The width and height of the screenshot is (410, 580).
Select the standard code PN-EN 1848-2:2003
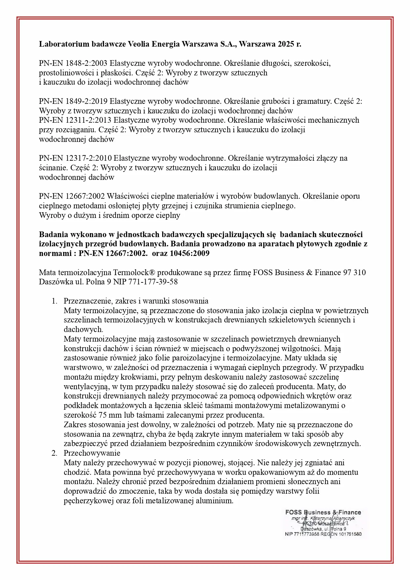pos(73,63)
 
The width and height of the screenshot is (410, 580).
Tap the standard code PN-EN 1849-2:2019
pos(73,101)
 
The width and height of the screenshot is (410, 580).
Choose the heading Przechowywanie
pos(92,453)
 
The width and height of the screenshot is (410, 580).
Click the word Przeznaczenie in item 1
pos(86,301)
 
